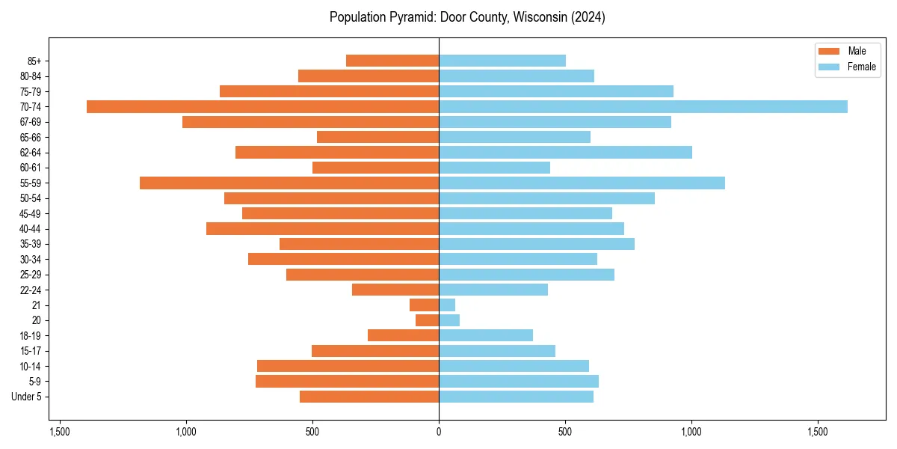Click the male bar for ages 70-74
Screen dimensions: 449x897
point(262,107)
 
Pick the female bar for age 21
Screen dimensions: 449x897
point(447,305)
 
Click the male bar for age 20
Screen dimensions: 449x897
point(428,320)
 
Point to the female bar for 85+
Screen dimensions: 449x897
point(502,61)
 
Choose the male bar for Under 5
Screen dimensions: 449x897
point(369,397)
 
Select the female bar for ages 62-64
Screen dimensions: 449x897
point(565,153)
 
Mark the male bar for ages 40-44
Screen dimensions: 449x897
point(322,229)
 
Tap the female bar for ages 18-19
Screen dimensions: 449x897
point(486,336)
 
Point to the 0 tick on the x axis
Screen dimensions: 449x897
point(439,432)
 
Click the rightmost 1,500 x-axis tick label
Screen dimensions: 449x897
point(818,432)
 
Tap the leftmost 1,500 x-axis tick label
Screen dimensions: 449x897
point(60,432)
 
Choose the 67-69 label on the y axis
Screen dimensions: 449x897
point(31,122)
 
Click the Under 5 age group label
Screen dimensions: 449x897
point(26,397)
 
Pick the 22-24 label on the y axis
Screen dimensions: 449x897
point(31,290)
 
